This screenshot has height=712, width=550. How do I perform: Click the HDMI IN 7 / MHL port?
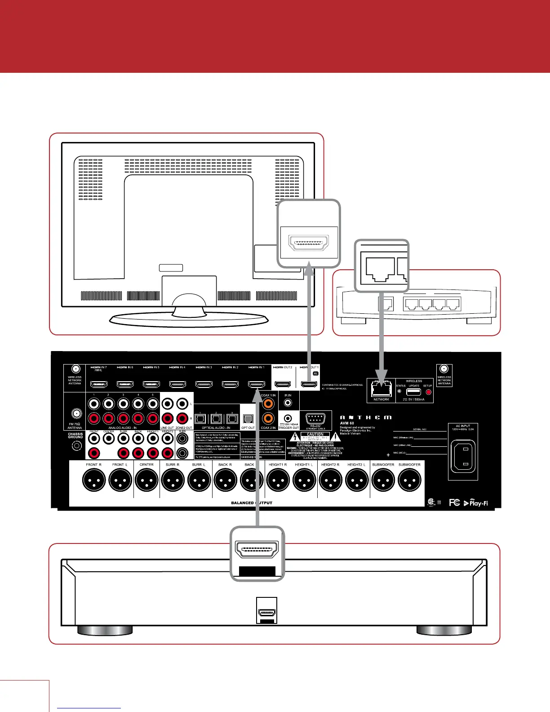99,385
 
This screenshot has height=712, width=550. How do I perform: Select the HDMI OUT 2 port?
283,384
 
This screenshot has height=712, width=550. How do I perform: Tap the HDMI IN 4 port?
177,385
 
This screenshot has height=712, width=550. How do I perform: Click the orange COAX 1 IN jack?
268,404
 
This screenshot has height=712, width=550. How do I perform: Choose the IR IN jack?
288,403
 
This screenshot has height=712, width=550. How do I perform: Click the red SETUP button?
428,392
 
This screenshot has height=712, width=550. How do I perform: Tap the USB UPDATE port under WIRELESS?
413,392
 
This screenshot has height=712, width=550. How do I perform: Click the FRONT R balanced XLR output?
94,480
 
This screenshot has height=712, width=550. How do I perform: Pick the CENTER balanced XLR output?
146,480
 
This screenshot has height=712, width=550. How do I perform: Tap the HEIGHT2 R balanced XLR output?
330,480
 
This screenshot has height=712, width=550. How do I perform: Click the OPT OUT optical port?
248,418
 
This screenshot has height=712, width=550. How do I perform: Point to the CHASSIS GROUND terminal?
76,446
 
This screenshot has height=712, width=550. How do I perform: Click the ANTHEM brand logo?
366,418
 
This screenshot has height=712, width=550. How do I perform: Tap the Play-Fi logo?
476,503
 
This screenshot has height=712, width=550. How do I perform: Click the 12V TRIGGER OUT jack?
288,418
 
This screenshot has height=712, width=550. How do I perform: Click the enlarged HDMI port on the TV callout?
309,245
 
